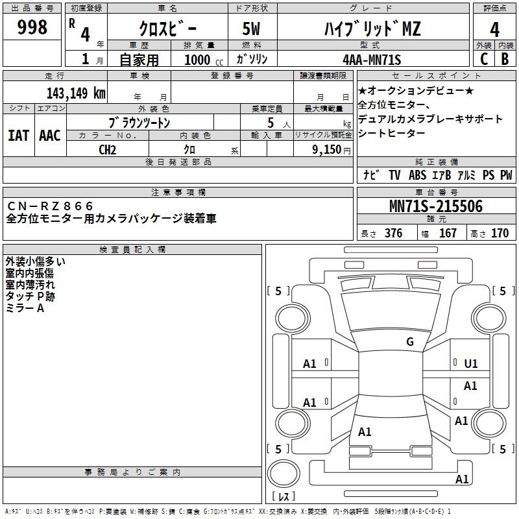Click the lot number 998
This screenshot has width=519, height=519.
[33, 27]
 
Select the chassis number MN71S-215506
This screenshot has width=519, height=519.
[436, 206]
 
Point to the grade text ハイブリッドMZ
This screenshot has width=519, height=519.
[372, 29]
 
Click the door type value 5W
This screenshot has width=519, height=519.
[252, 29]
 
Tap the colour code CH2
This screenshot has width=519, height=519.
[107, 150]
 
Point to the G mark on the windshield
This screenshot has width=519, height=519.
[409, 342]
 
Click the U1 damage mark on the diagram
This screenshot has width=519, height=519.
[471, 364]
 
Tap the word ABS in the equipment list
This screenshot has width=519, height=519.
[417, 175]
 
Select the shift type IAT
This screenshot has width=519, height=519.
[18, 136]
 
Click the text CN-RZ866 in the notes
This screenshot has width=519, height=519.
[51, 206]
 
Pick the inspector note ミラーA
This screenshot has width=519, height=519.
[25, 308]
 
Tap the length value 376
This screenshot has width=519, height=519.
[393, 234]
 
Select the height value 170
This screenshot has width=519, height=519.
[500, 234]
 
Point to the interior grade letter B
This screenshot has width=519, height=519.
[505, 58]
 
